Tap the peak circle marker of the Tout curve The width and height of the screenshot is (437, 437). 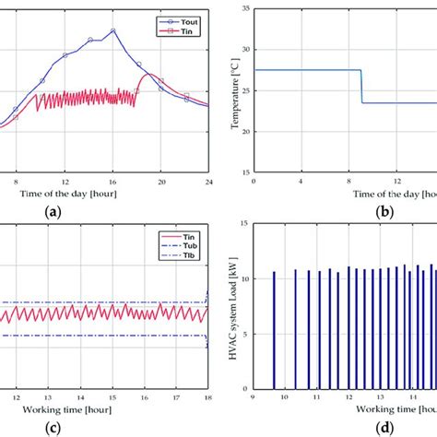112,30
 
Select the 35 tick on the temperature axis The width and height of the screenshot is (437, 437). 243,8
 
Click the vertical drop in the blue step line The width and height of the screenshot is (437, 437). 361,87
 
